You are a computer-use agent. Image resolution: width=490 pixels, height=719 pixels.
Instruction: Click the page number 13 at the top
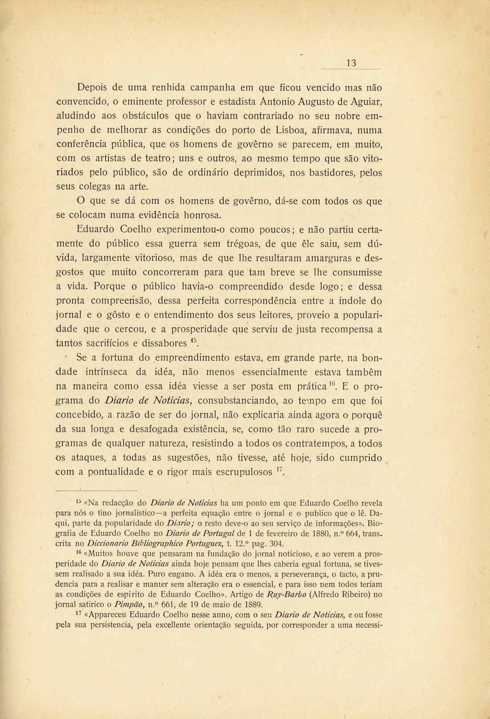(351, 63)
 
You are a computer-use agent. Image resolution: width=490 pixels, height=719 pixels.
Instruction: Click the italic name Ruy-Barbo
(288, 595)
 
